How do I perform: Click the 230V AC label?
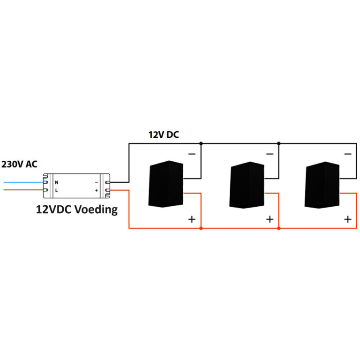point(20,165)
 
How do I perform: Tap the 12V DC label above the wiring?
point(164,135)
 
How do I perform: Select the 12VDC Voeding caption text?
point(77,209)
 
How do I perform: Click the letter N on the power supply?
point(57,182)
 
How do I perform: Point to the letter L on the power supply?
point(56,190)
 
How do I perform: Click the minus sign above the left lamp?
point(192,154)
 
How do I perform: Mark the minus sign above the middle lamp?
point(270,154)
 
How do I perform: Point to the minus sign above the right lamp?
point(347,154)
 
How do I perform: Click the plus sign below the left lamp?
point(192,219)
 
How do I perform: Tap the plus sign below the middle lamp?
point(270,219)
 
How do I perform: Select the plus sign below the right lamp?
point(347,219)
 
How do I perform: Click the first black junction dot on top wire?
point(201,143)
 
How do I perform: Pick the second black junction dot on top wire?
point(278,143)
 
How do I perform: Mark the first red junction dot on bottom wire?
point(201,229)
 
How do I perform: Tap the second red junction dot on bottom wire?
point(278,229)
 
